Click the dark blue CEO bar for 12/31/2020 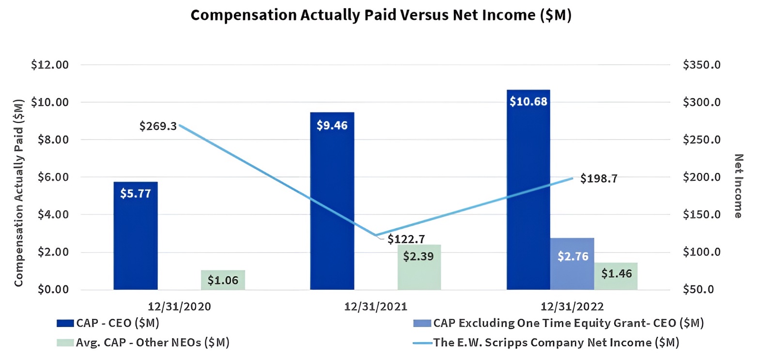[x=135, y=235]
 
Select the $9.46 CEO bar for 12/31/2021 [x=332, y=201]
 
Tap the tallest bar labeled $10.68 [x=528, y=189]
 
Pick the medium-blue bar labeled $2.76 [x=572, y=264]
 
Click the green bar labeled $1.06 [x=223, y=280]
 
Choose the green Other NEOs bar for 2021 [x=419, y=267]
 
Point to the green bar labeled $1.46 [x=616, y=276]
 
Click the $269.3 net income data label [x=158, y=126]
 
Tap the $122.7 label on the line [x=406, y=239]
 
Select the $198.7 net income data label [x=599, y=178]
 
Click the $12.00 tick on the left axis [x=50, y=65]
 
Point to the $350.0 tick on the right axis [x=702, y=65]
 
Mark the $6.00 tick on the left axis [x=53, y=177]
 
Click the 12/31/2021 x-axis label [x=376, y=307]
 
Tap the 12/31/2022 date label [x=572, y=307]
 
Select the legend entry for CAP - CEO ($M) [x=108, y=323]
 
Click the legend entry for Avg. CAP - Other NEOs [x=143, y=343]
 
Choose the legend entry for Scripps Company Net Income [x=546, y=343]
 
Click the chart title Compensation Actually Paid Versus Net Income [x=381, y=15]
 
